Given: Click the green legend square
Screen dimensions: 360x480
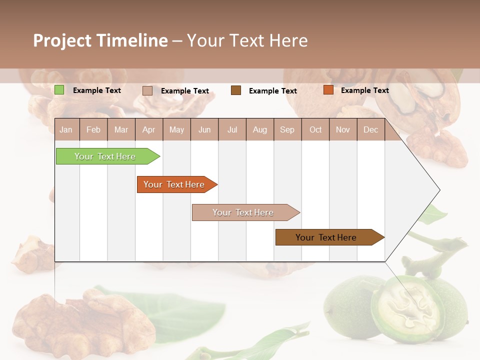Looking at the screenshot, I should coord(59,90).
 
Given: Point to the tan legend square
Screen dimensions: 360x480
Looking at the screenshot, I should coord(147,90).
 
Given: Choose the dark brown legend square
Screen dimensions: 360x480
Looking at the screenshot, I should coord(236,90).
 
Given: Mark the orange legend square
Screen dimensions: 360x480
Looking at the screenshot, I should coord(328,90).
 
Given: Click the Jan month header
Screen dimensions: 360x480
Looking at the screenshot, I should coord(66,129).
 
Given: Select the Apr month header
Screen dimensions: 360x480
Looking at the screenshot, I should coord(149,129).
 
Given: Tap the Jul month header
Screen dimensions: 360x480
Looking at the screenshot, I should coord(232,129).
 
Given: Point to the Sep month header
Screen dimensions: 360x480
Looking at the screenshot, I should coord(287,129).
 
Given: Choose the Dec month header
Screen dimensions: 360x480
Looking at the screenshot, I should coord(370,129).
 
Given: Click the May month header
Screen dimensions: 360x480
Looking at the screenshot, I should coord(176,129).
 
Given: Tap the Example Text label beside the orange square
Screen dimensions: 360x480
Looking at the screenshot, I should coord(364,90).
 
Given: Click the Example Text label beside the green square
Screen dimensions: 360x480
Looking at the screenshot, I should coord(96,90).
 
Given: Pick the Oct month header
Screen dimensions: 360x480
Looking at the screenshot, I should coord(315,129).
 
